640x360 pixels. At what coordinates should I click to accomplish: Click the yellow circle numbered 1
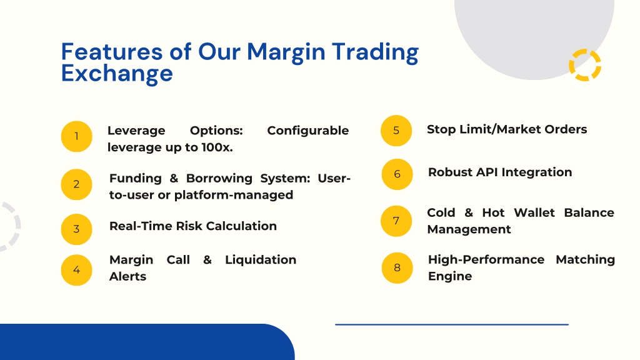tap(76, 136)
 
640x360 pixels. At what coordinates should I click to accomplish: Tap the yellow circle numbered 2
tap(76, 184)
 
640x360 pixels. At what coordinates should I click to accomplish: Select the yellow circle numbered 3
tap(76, 229)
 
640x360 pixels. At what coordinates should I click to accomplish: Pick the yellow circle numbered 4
tap(76, 270)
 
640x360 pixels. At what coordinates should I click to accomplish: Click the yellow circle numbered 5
tap(396, 131)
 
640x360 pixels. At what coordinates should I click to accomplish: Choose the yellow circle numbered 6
tap(397, 174)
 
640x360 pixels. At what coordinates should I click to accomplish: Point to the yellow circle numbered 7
tap(396, 221)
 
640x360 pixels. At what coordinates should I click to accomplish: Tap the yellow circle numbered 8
tap(397, 268)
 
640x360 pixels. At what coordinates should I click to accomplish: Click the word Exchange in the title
tap(117, 74)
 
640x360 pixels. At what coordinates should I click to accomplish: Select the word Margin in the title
tap(286, 53)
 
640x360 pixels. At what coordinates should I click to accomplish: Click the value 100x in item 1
tap(217, 147)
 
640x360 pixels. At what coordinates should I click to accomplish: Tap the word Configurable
tap(307, 131)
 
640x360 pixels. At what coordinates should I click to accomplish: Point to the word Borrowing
tap(219, 179)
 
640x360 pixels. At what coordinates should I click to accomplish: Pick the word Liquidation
tap(261, 260)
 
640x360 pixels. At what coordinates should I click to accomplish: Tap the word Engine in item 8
tap(450, 277)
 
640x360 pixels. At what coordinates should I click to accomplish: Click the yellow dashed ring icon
tap(585, 65)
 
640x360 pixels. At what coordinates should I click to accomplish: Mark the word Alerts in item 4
tap(127, 277)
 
